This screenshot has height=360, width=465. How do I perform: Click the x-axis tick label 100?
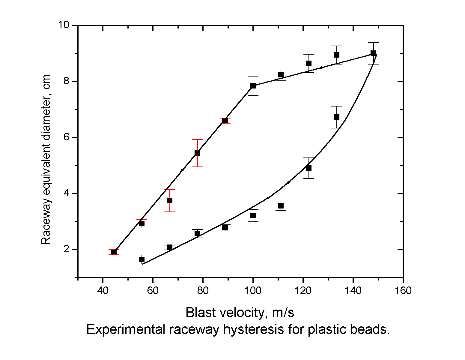click(253, 291)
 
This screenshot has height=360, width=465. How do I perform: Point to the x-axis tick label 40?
click(103, 291)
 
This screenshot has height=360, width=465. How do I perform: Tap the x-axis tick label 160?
click(403, 291)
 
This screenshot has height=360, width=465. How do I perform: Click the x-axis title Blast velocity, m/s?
click(240, 313)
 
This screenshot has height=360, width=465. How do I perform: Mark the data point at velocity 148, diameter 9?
click(373, 53)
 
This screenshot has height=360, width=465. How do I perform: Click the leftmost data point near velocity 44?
click(114, 252)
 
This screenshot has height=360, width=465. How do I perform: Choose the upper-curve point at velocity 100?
click(253, 86)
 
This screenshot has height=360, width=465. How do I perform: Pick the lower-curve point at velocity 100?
click(253, 215)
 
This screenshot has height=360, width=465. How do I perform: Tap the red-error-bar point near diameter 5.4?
click(197, 153)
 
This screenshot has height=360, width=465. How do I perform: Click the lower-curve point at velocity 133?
click(336, 117)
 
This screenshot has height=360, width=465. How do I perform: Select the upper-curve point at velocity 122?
click(309, 63)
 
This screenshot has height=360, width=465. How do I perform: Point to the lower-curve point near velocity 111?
click(281, 206)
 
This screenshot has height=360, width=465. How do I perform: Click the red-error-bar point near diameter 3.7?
click(169, 200)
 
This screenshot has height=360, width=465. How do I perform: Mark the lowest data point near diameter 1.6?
click(142, 259)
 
